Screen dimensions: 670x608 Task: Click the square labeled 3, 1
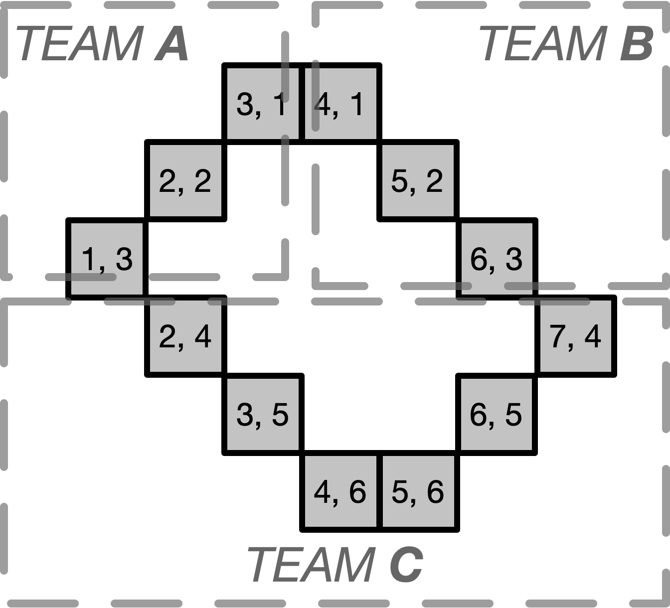click(263, 104)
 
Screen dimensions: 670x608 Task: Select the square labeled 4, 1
click(340, 104)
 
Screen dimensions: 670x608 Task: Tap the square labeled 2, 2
click(185, 180)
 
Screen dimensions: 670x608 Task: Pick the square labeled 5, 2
click(418, 180)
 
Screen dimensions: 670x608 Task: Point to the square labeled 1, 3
click(107, 259)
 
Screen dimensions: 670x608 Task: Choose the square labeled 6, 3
click(497, 259)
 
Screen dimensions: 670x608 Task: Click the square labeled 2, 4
click(185, 336)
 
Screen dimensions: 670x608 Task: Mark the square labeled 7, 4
click(575, 336)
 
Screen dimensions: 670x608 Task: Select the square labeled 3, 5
click(263, 414)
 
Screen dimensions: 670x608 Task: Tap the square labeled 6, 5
click(496, 414)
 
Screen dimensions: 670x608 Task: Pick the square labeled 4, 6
click(340, 491)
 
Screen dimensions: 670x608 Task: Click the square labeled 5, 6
click(418, 491)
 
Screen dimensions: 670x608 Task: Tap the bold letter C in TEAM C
click(406, 564)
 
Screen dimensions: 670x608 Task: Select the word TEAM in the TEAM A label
click(80, 45)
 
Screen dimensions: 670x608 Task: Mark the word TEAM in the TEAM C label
click(311, 564)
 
